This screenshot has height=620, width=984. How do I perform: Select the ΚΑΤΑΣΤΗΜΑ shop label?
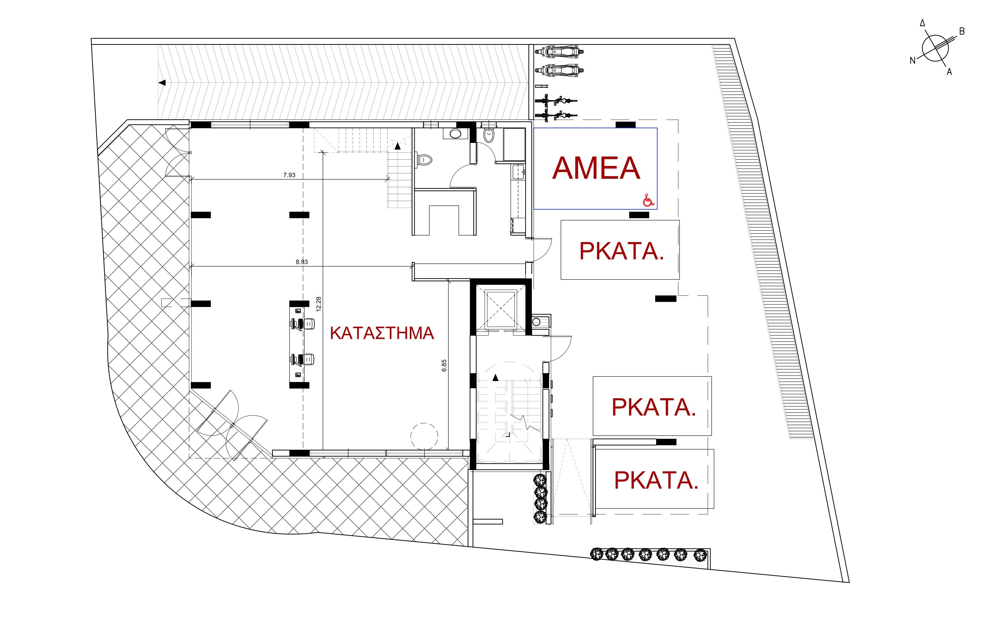(x=382, y=333)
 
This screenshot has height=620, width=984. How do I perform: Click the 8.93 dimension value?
(x=302, y=262)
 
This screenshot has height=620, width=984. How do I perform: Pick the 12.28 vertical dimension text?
(x=319, y=304)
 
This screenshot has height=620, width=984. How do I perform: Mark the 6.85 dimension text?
(x=444, y=366)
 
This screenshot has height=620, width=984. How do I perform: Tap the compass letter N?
(x=912, y=61)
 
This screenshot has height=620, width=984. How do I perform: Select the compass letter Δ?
(x=922, y=23)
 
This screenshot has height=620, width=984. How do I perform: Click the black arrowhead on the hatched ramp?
(x=162, y=82)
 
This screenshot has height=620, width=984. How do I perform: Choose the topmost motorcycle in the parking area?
(x=559, y=52)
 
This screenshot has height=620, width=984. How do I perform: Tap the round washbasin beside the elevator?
(x=537, y=322)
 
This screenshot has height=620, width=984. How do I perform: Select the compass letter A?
(x=949, y=72)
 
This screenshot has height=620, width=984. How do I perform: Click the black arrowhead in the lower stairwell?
(x=496, y=378)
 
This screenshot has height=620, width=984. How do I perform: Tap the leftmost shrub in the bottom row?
(x=597, y=554)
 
